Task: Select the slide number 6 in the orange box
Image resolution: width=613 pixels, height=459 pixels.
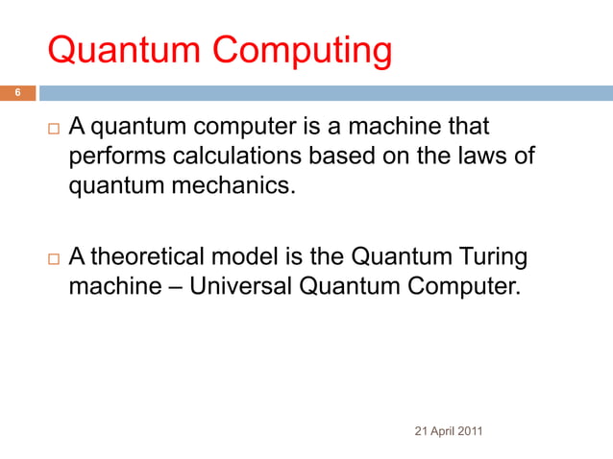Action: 16,93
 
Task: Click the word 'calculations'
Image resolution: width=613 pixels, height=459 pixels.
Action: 232,157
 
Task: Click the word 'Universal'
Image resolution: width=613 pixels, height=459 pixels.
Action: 239,285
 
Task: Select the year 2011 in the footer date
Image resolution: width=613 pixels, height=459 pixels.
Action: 471,430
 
